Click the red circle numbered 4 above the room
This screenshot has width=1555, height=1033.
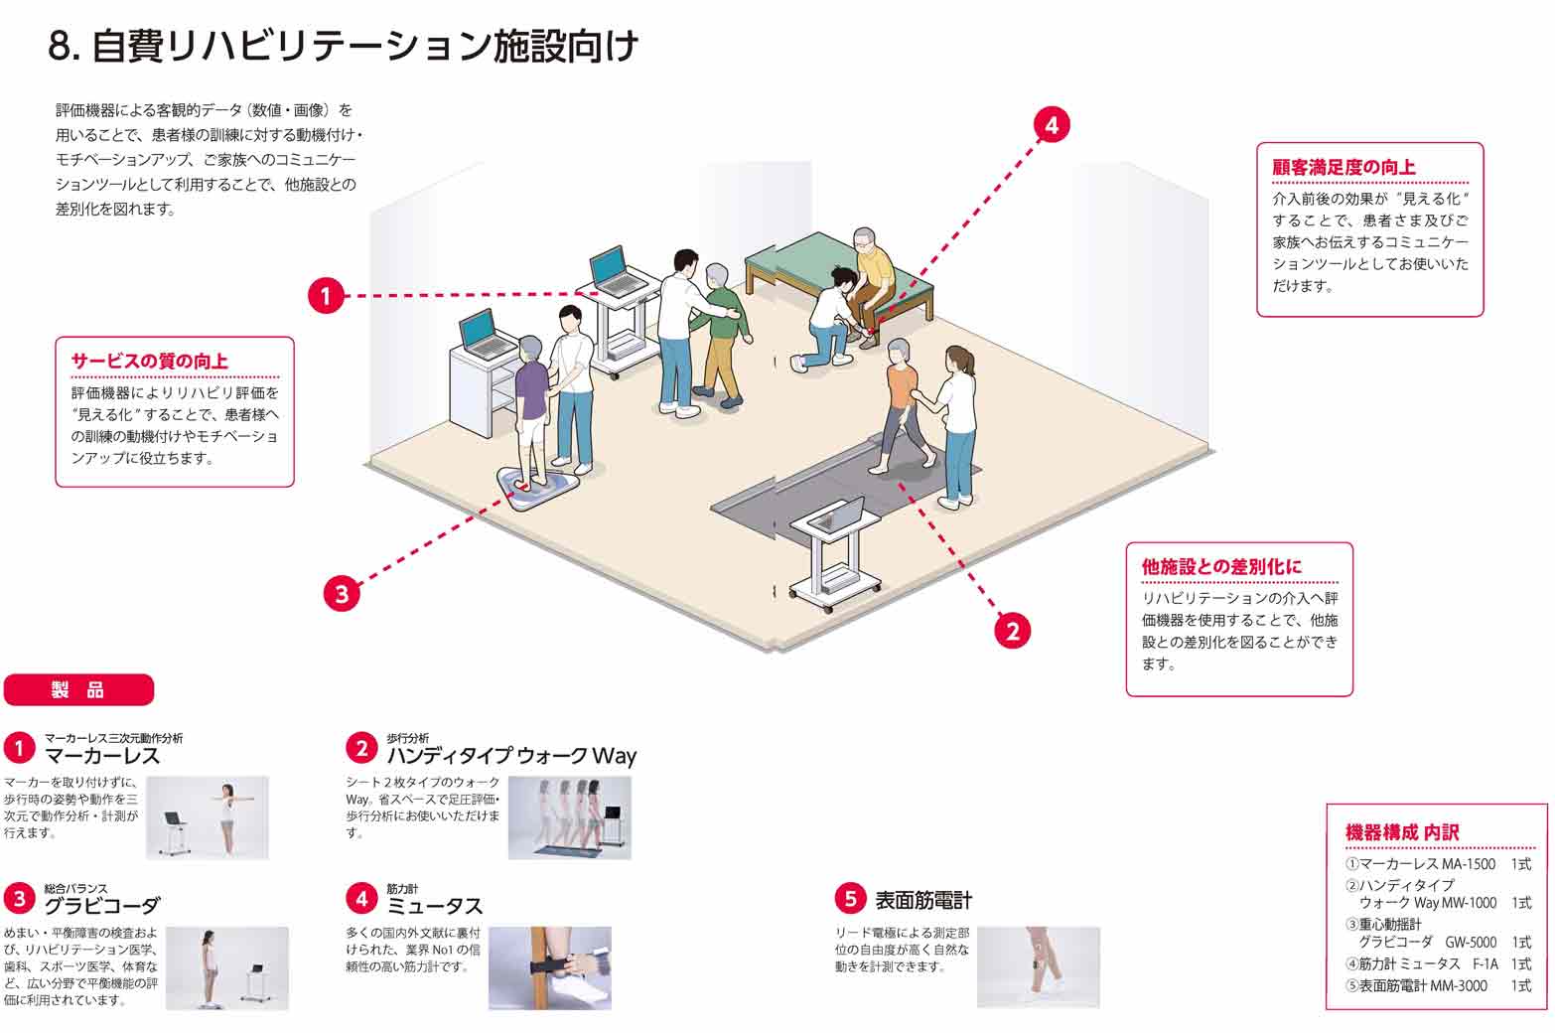point(1051,125)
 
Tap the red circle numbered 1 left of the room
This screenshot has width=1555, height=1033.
point(325,295)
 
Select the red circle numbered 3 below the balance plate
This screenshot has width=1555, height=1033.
point(342,594)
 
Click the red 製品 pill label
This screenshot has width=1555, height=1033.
point(79,689)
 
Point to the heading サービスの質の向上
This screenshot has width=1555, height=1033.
point(149,361)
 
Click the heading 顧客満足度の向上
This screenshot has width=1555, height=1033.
point(1343,167)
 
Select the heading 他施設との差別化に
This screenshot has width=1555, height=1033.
point(1221,566)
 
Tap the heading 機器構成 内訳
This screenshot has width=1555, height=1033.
point(1402,832)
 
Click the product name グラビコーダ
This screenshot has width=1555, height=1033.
point(101,905)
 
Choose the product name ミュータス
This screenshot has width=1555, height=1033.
point(435,906)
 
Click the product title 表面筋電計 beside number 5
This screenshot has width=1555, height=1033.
point(922,900)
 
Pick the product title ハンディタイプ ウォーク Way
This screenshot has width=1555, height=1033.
point(511,756)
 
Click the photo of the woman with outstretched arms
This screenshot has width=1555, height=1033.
point(208,817)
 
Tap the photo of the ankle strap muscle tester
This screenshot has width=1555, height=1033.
point(549,968)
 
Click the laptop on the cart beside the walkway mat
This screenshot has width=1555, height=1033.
point(837,516)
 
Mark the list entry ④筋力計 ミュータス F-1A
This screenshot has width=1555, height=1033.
point(1438,963)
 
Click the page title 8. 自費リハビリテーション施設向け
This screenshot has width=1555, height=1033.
point(343,47)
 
